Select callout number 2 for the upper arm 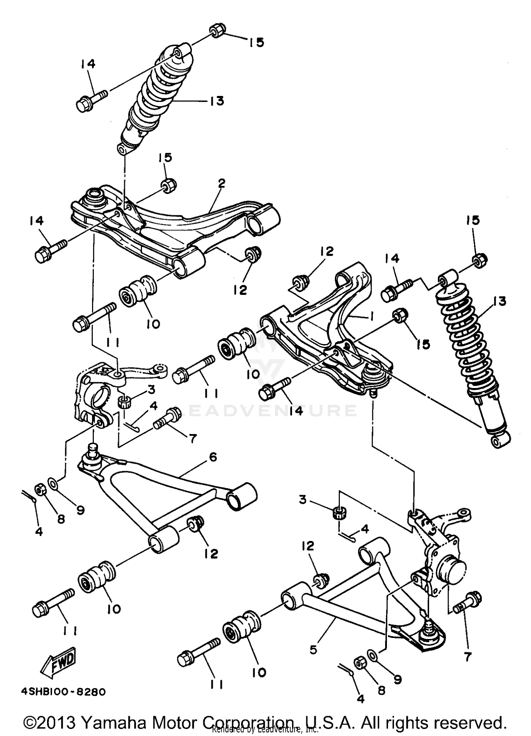tap(222, 183)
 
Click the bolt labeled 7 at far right tap(468, 601)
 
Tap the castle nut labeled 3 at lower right tap(339, 512)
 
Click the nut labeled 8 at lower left tap(40, 490)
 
